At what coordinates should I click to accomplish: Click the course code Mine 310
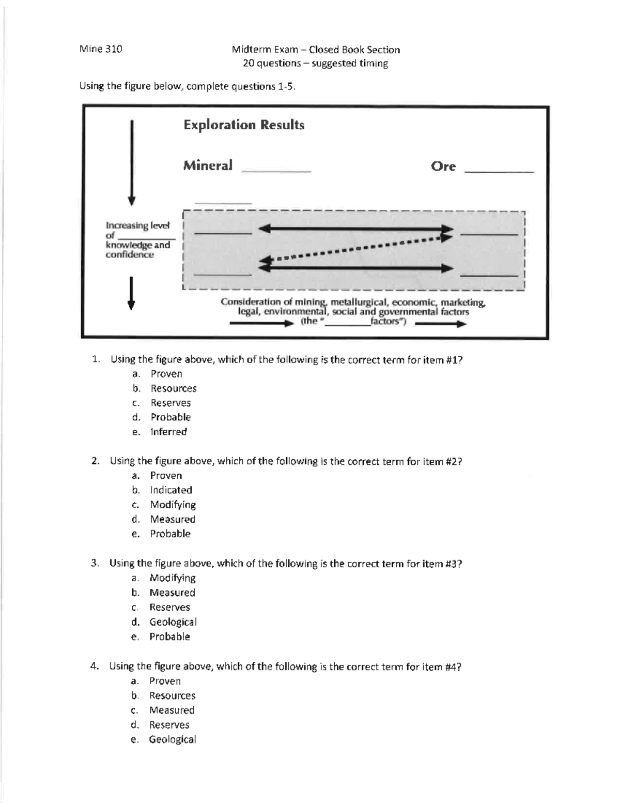click(x=101, y=49)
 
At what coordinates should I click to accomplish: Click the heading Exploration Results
click(x=244, y=125)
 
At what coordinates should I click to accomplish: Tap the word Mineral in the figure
click(x=208, y=165)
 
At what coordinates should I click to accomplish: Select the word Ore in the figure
click(x=443, y=166)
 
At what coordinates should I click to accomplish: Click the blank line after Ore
click(x=499, y=171)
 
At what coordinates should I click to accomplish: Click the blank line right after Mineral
click(x=276, y=170)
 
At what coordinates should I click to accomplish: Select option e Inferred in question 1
click(x=168, y=432)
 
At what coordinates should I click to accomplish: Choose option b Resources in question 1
click(x=173, y=388)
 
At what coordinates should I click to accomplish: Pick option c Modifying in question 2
click(x=173, y=505)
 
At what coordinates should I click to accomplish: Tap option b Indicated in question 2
click(x=171, y=490)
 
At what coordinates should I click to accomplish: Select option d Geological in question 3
click(x=173, y=622)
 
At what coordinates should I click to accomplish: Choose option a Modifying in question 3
click(x=172, y=578)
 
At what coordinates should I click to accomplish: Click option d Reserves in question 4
click(x=169, y=725)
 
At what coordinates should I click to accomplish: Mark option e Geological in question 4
click(x=172, y=739)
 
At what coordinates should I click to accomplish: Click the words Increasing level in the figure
click(x=137, y=225)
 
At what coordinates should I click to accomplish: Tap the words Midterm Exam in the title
click(x=265, y=50)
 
